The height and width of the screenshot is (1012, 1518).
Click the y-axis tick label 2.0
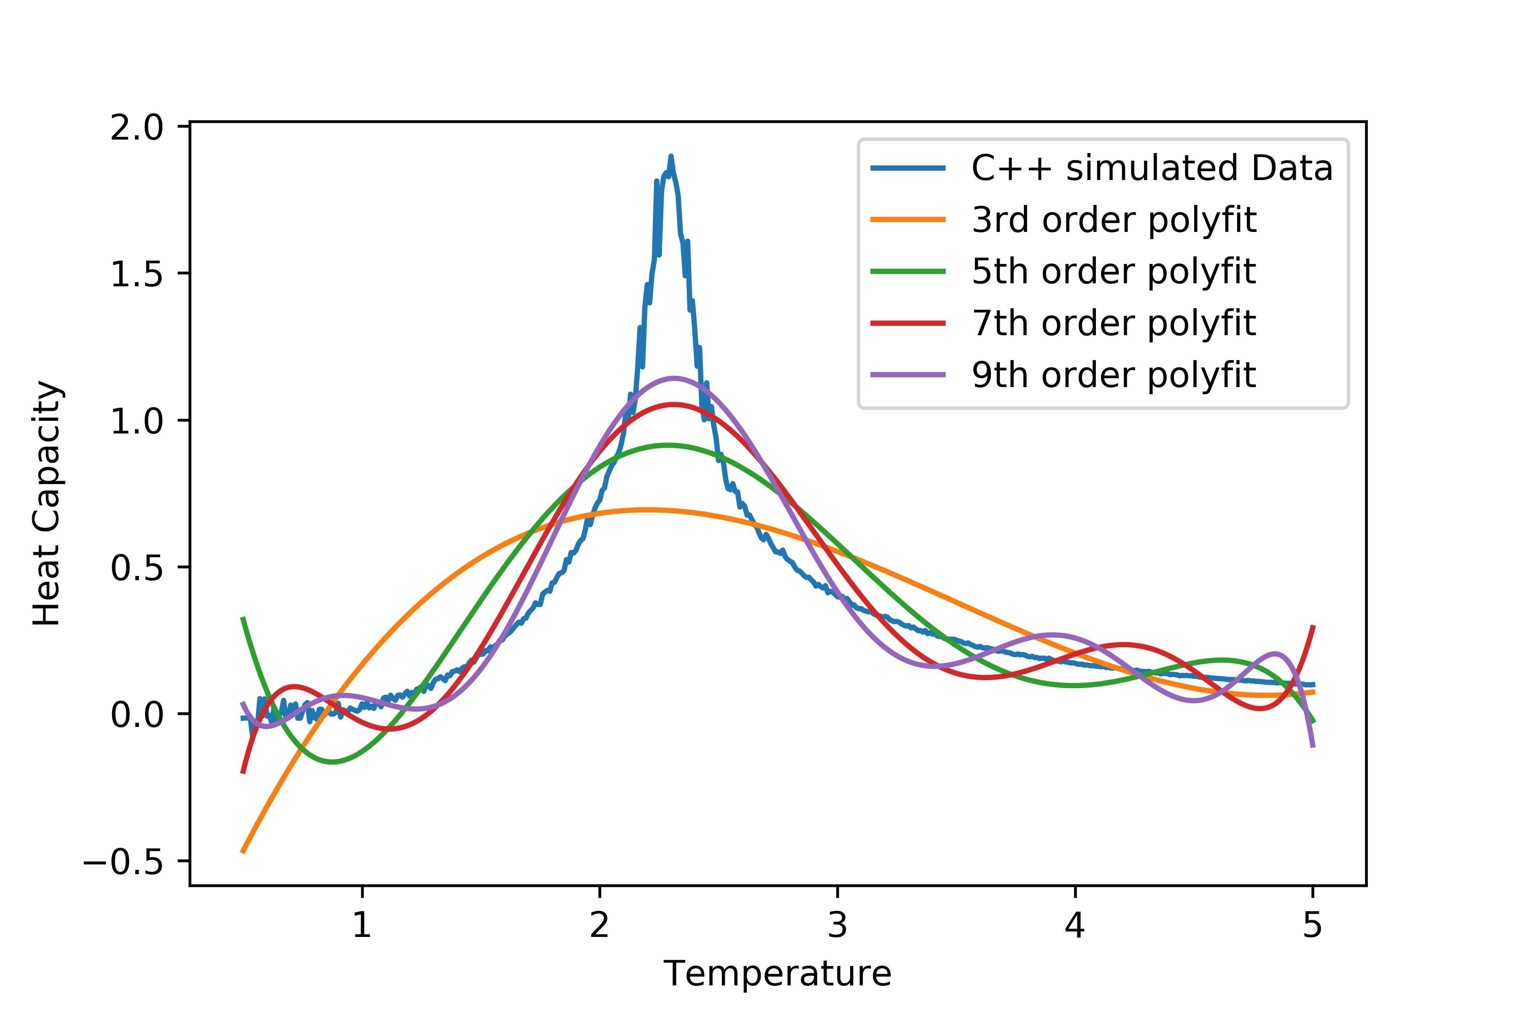coord(137,128)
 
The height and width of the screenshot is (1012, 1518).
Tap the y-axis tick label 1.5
coord(137,275)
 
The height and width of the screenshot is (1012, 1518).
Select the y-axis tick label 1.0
coord(137,421)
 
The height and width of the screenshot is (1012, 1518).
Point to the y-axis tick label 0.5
coord(137,568)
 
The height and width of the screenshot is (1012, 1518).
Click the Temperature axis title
coord(777,974)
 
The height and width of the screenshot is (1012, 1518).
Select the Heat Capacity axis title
coord(47,503)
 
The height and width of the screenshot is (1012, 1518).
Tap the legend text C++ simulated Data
coord(1152,168)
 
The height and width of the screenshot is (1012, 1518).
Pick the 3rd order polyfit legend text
coord(1114,220)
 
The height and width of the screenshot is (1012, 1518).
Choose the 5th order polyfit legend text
coord(1114,272)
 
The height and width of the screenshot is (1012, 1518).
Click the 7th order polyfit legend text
coord(1114,323)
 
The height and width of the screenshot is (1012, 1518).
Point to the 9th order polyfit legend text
coord(1114,375)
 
